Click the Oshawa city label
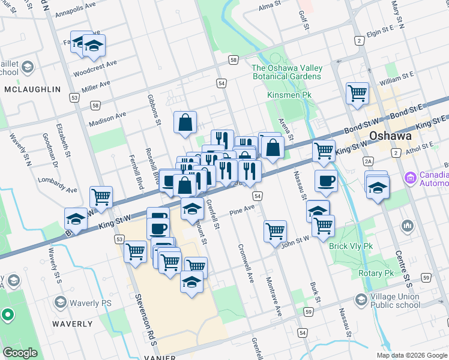[390, 136]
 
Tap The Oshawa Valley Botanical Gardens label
[286, 72]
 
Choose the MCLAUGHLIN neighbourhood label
[32, 89]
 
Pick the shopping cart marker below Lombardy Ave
[101, 196]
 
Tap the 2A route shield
[369, 161]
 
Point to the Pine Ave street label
[243, 211]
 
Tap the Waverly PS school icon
[59, 302]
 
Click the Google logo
[20, 353]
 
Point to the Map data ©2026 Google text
[411, 355]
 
